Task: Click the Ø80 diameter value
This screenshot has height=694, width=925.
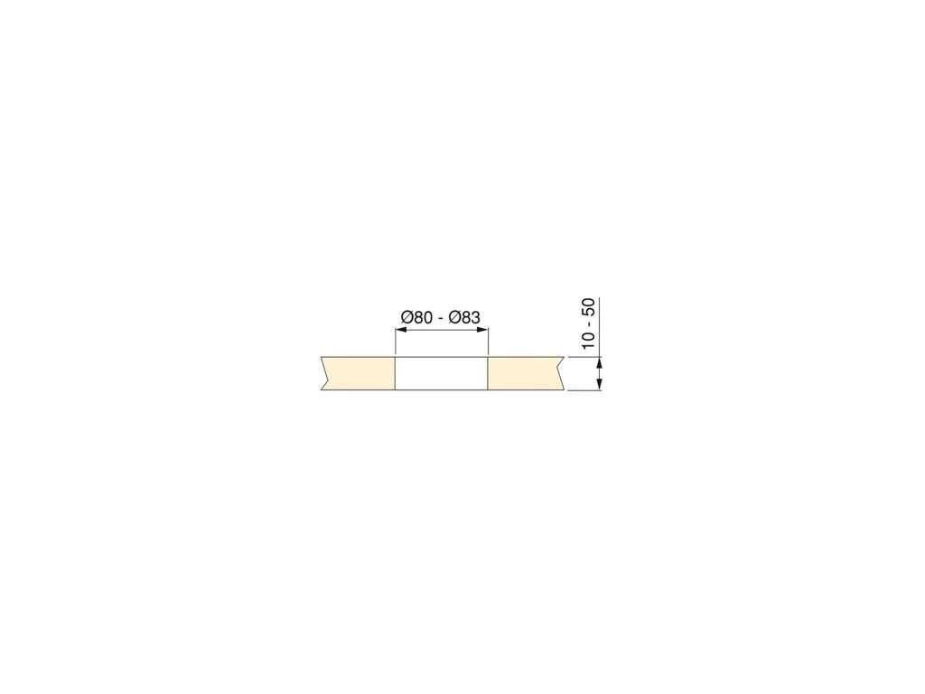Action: coord(416,317)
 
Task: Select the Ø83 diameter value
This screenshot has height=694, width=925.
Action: coord(464,317)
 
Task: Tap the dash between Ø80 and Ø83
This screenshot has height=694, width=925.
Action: coord(441,319)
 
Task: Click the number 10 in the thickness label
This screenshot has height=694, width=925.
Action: coord(588,340)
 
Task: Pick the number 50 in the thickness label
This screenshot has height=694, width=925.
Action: coord(588,307)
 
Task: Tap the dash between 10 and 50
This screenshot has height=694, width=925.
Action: coord(589,324)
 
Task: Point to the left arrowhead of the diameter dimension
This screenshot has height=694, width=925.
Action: coord(400,331)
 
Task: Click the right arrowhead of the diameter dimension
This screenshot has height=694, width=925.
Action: coord(482,331)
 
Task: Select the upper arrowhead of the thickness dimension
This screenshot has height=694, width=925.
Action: coord(600,362)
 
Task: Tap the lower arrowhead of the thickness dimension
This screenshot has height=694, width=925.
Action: coord(600,384)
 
